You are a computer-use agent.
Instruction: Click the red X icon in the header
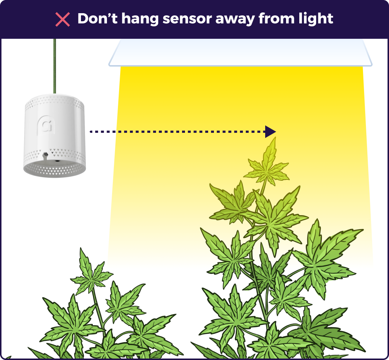click(63, 19)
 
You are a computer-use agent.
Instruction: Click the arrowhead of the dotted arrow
click(270, 132)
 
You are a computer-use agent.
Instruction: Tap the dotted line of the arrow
click(176, 131)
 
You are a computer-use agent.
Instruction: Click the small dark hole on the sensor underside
click(58, 160)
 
